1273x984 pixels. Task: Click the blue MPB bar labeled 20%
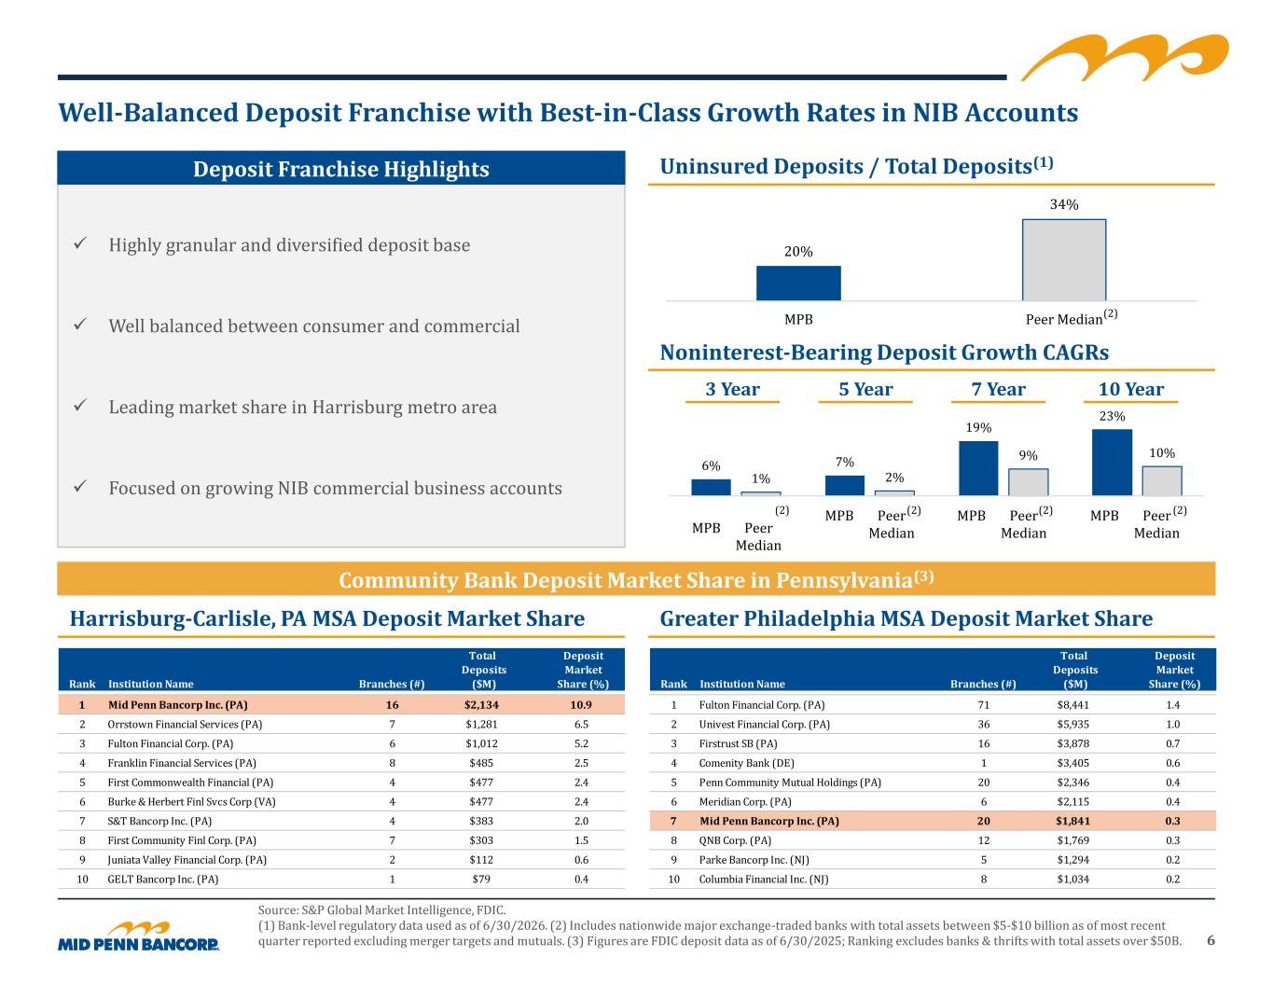(x=798, y=283)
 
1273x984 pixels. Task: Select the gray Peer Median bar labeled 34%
(x=1064, y=260)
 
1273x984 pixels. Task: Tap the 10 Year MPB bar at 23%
(x=1112, y=462)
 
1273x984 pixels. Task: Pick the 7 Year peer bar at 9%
(x=1028, y=482)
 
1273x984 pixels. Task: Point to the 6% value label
(x=711, y=465)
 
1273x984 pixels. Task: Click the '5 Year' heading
(x=865, y=389)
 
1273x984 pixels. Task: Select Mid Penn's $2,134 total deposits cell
(x=481, y=704)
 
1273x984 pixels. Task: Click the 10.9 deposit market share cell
(x=581, y=704)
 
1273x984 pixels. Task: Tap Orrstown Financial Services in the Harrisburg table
(x=185, y=724)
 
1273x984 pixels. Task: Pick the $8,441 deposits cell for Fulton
(x=1072, y=704)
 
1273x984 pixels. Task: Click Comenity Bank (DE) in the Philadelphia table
(x=746, y=763)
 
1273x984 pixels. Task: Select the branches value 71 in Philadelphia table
(x=983, y=704)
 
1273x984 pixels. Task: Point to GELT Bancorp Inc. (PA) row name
(x=163, y=879)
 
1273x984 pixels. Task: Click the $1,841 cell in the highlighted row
(x=1072, y=821)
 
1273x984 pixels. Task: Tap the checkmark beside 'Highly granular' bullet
(x=80, y=243)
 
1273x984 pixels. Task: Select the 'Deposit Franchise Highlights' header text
(x=341, y=169)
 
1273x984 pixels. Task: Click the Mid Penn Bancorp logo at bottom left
(x=139, y=936)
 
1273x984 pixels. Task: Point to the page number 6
(x=1211, y=941)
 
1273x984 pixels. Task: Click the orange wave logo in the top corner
(x=1125, y=57)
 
